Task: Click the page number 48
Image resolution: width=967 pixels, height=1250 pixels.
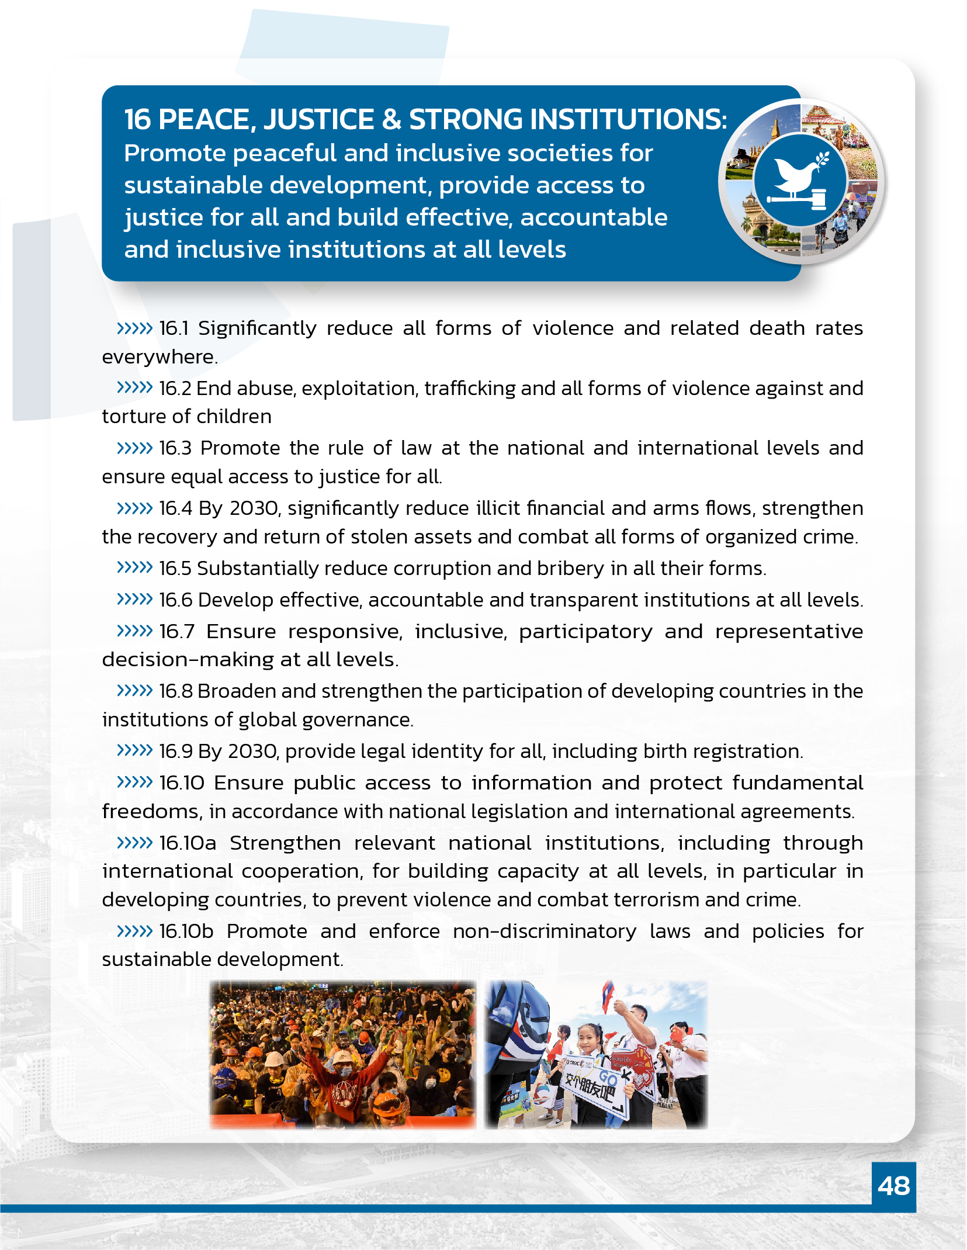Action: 893,1186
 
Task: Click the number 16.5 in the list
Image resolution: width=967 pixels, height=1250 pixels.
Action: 175,568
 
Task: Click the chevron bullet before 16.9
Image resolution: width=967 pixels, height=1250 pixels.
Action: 134,750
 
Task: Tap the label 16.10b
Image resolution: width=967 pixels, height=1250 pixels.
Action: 186,931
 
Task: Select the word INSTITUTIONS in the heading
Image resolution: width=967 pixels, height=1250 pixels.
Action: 567,120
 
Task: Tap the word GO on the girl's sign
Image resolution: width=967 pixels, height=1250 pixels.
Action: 608,1077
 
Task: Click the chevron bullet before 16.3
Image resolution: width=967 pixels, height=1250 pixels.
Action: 134,448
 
